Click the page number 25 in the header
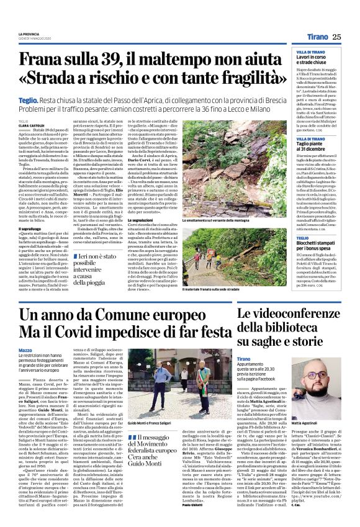pos(336,37)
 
